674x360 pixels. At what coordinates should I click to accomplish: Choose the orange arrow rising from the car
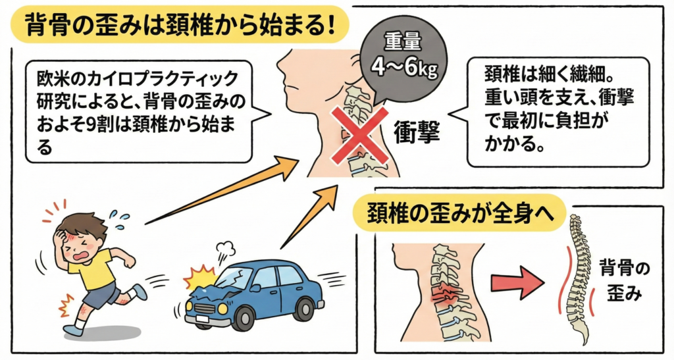pyautogui.click(x=309, y=214)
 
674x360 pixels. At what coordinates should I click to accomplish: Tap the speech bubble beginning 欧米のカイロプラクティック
pyautogui.click(x=138, y=109)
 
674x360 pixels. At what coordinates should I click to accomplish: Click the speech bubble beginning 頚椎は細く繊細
pyautogui.click(x=556, y=109)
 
